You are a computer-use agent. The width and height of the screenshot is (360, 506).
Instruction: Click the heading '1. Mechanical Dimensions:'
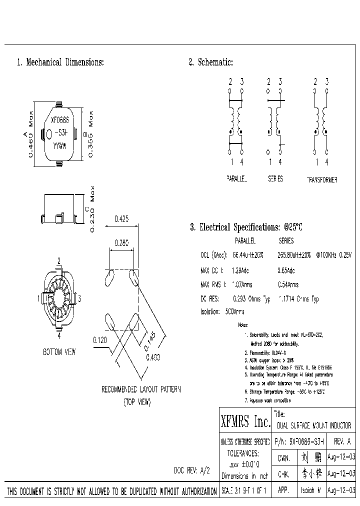point(60,62)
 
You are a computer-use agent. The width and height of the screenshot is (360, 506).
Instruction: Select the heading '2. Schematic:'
point(210,62)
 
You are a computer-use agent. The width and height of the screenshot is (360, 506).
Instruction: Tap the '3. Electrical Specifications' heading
point(246,227)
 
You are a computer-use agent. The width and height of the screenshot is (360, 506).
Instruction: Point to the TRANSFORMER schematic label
point(321,179)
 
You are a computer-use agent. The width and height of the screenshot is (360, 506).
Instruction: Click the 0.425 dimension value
point(122,218)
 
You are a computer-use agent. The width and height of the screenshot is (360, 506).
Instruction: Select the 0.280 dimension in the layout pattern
point(121,243)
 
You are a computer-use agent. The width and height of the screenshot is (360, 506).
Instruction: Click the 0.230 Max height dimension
point(92,209)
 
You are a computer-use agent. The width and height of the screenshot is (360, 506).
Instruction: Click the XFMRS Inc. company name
point(245,422)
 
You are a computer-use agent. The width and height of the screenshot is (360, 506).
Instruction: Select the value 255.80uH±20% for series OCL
point(294,255)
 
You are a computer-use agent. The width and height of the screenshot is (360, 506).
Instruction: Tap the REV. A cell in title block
point(341,442)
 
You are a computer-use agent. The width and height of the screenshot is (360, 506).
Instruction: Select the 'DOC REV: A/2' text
point(192,470)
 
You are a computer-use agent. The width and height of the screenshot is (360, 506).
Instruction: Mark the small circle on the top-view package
point(49,133)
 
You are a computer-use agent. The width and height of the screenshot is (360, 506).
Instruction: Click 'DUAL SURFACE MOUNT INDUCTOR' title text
point(314,425)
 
